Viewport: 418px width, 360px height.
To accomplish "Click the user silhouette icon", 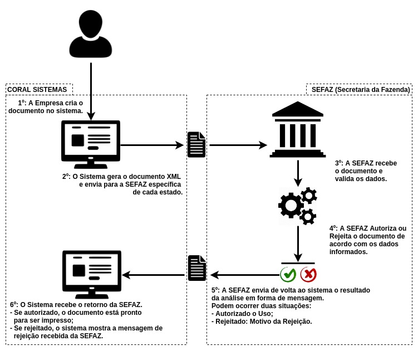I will [x=91, y=34].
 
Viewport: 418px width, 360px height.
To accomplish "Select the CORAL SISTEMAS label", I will [x=37, y=90].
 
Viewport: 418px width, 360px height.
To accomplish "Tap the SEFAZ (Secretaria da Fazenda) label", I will [x=361, y=90].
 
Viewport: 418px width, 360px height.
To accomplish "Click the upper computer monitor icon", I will [x=90, y=144].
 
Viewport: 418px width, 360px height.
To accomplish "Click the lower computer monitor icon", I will [x=91, y=274].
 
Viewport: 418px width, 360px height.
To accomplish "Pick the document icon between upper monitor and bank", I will [x=196, y=145].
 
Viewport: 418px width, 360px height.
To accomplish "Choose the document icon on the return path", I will [x=197, y=268].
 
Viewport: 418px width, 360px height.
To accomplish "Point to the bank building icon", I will [x=298, y=130].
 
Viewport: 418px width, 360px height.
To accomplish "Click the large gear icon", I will [x=291, y=205].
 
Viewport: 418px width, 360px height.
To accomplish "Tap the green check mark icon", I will [x=288, y=274].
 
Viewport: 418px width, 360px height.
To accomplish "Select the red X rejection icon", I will [x=308, y=274].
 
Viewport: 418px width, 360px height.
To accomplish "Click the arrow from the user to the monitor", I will [x=91, y=92].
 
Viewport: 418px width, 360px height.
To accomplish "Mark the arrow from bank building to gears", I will [x=298, y=173].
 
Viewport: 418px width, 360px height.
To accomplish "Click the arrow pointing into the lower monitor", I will [x=153, y=275].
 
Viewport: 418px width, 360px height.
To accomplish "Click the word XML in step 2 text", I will [x=174, y=177].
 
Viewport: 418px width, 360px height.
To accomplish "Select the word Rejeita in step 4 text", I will [x=341, y=236].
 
